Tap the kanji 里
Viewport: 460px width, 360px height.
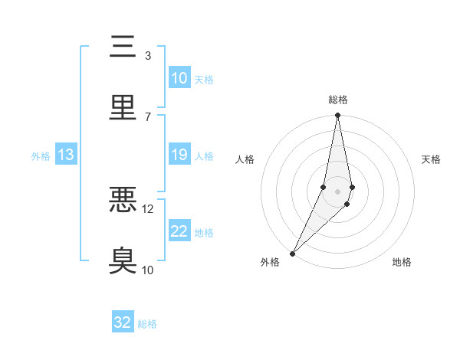(x=123, y=108)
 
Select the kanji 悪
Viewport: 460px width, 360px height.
(x=123, y=200)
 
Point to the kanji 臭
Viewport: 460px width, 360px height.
(x=123, y=260)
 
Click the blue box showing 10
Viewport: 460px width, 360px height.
(x=179, y=78)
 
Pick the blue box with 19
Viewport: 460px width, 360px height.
(x=179, y=155)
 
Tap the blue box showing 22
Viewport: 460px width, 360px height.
(x=179, y=231)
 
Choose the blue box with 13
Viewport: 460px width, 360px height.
(x=66, y=155)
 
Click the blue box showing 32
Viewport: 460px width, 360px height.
(x=123, y=322)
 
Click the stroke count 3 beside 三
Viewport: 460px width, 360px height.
(x=147, y=56)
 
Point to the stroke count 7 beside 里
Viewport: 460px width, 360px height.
(x=147, y=116)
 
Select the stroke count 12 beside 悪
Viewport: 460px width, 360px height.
(x=148, y=208)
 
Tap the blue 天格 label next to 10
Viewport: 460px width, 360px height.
(x=204, y=80)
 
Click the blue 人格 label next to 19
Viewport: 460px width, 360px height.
(x=204, y=156)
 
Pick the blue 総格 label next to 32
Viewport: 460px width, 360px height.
(x=147, y=324)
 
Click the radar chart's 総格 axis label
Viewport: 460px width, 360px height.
(x=338, y=100)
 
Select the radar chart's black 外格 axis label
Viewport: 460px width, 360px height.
(x=270, y=263)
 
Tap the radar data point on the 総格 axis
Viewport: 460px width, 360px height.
(x=337, y=116)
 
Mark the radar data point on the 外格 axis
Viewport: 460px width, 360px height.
(x=292, y=253)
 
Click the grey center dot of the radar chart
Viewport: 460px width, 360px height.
(x=337, y=191)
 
